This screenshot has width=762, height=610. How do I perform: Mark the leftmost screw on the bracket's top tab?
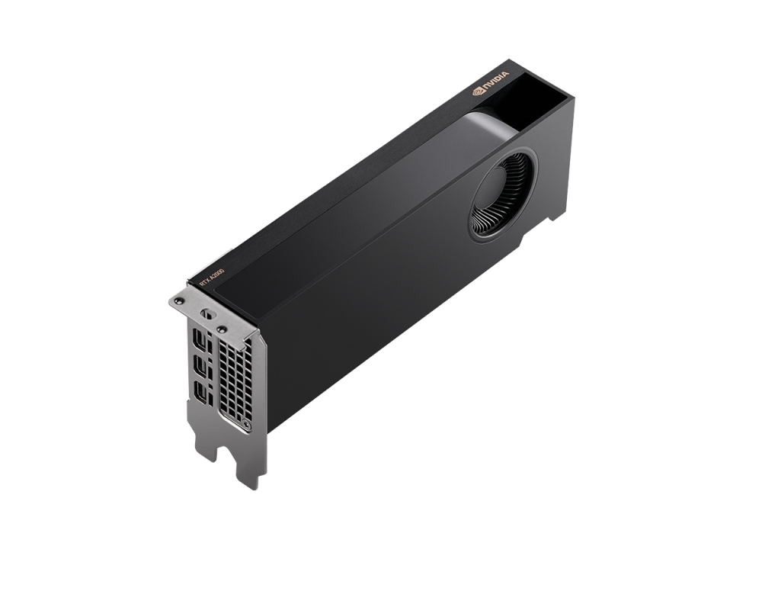pyautogui.click(x=179, y=303)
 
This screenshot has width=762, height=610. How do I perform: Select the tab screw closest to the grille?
pyautogui.click(x=222, y=329)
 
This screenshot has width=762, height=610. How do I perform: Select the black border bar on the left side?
pyautogui.click(x=38, y=305)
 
